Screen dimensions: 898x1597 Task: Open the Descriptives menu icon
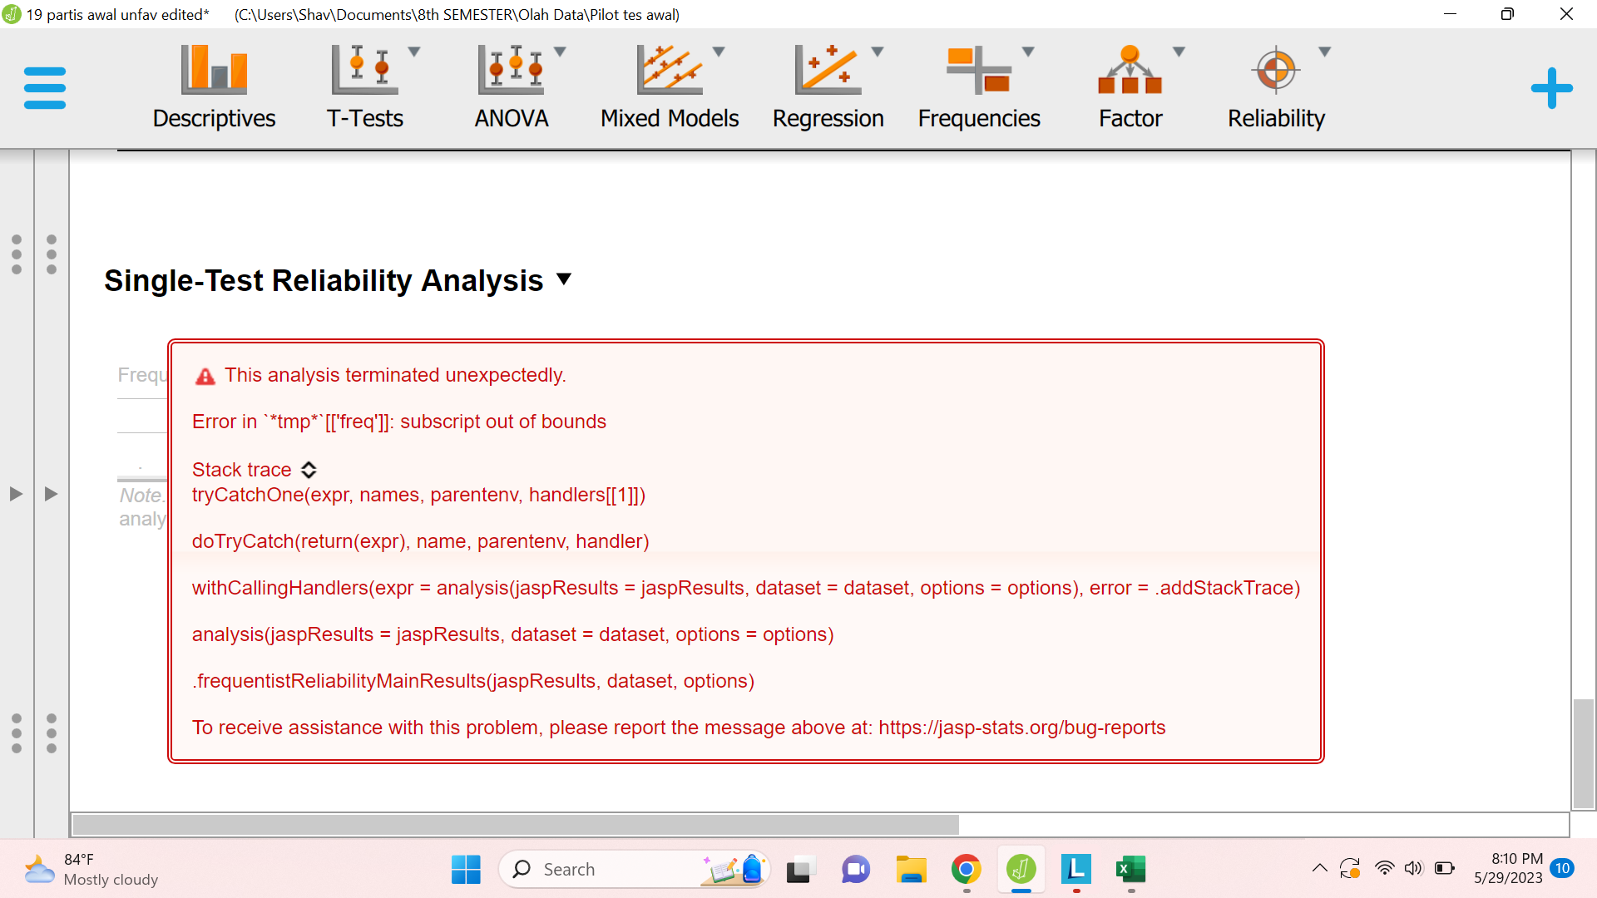pos(214,70)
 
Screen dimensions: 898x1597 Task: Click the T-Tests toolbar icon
pos(364,70)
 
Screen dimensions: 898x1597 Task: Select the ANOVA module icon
pos(511,70)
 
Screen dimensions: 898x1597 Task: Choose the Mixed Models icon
pos(669,70)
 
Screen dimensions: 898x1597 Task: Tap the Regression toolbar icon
pos(827,70)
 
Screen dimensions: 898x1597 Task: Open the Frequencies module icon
pos(978,70)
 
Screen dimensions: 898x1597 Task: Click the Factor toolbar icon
pos(1130,70)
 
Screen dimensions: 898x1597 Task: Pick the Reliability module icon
pos(1275,70)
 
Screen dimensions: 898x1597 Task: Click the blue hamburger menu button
pos(45,88)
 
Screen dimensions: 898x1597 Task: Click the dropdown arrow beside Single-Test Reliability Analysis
pos(564,279)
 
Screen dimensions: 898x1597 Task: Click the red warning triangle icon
pos(205,377)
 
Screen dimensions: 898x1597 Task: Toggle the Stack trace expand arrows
pos(309,470)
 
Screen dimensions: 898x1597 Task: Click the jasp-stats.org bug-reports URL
pos(1021,728)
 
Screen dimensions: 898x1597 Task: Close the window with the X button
pos(1566,14)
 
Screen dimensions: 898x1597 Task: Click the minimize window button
pos(1450,14)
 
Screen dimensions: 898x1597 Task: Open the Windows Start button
pos(466,870)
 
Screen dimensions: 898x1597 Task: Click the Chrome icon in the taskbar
pos(966,870)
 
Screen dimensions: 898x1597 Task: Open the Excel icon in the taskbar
pos(1130,870)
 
